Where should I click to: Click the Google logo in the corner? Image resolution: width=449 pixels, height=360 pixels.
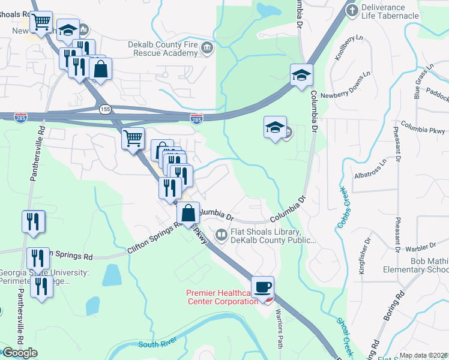click(x=19, y=353)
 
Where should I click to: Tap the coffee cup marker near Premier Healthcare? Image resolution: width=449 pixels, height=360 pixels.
click(x=262, y=287)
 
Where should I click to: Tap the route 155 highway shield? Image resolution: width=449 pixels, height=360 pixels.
click(x=106, y=109)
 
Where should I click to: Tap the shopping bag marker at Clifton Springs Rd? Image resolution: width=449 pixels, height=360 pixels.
click(x=188, y=213)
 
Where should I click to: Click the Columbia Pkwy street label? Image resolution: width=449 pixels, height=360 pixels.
click(x=423, y=127)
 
